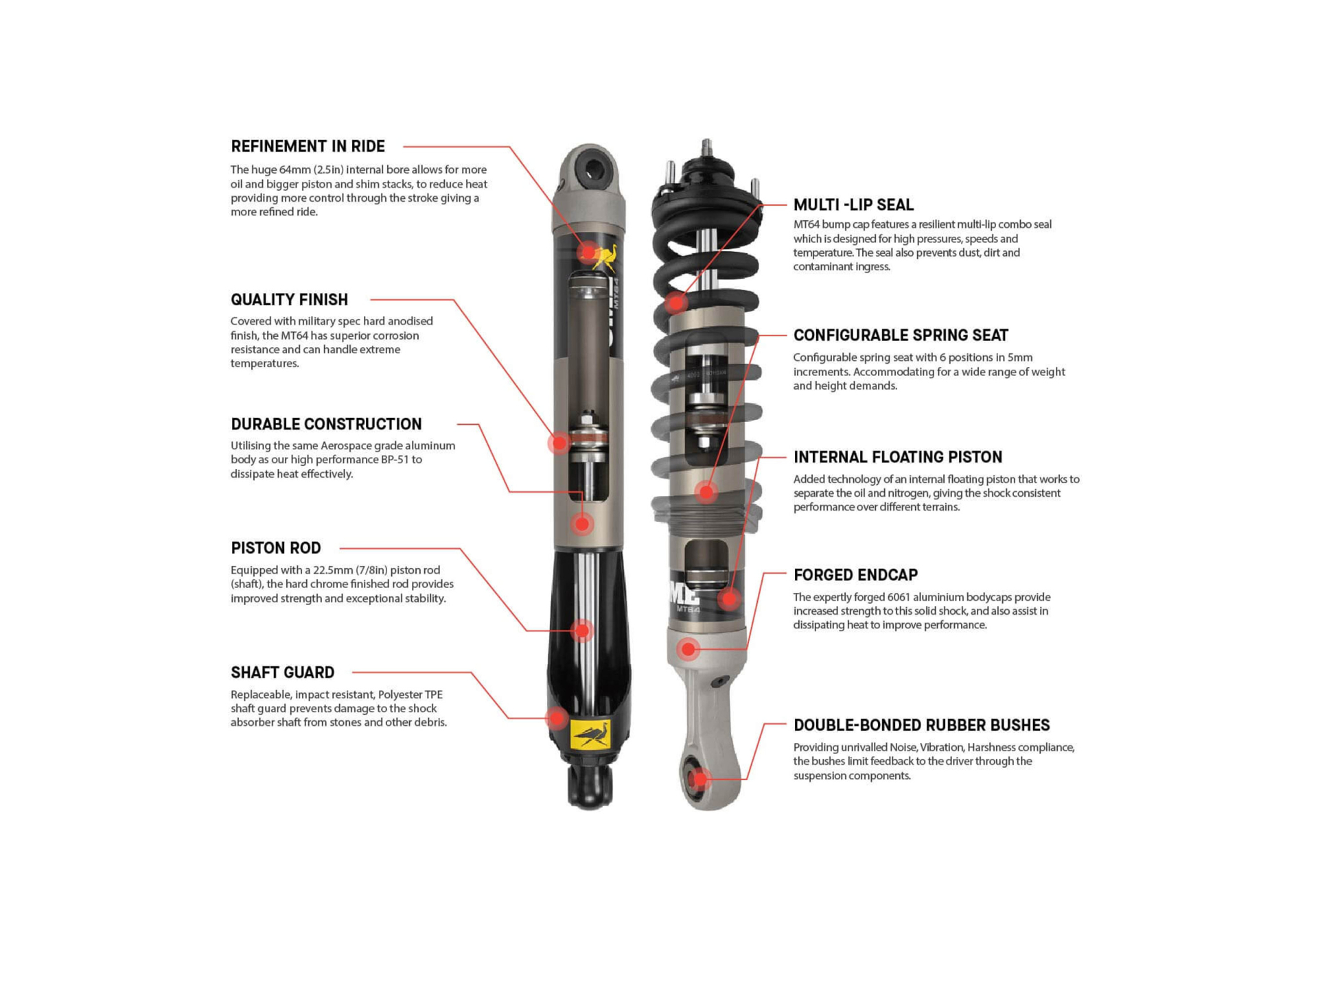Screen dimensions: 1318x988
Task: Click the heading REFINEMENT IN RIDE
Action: coord(308,146)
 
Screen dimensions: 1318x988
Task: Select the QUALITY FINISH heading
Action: coord(289,300)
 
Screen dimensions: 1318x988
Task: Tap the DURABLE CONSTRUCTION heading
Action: coord(326,424)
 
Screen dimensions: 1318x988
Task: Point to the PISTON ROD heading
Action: coord(276,548)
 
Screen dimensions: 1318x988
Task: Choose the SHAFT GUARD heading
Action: coord(282,672)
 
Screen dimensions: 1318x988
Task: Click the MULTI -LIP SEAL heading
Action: coord(853,204)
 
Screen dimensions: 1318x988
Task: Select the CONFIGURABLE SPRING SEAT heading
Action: coord(901,336)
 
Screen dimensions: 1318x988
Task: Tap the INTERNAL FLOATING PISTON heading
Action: coord(898,457)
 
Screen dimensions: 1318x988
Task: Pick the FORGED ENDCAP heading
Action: coord(855,575)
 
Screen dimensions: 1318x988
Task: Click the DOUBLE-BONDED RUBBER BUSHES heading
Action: coord(922,725)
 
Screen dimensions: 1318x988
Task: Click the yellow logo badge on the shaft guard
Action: coord(590,735)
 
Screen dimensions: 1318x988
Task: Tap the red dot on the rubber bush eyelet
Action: coord(700,779)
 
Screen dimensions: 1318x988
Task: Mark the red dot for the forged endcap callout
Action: coord(688,649)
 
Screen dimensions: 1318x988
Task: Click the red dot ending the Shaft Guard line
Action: coord(557,718)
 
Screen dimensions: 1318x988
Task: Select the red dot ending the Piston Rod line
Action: coord(582,631)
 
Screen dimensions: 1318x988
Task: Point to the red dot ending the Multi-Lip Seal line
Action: coord(676,302)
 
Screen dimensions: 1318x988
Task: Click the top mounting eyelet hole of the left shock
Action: coord(590,169)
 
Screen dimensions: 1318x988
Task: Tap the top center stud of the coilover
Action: coord(706,148)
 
